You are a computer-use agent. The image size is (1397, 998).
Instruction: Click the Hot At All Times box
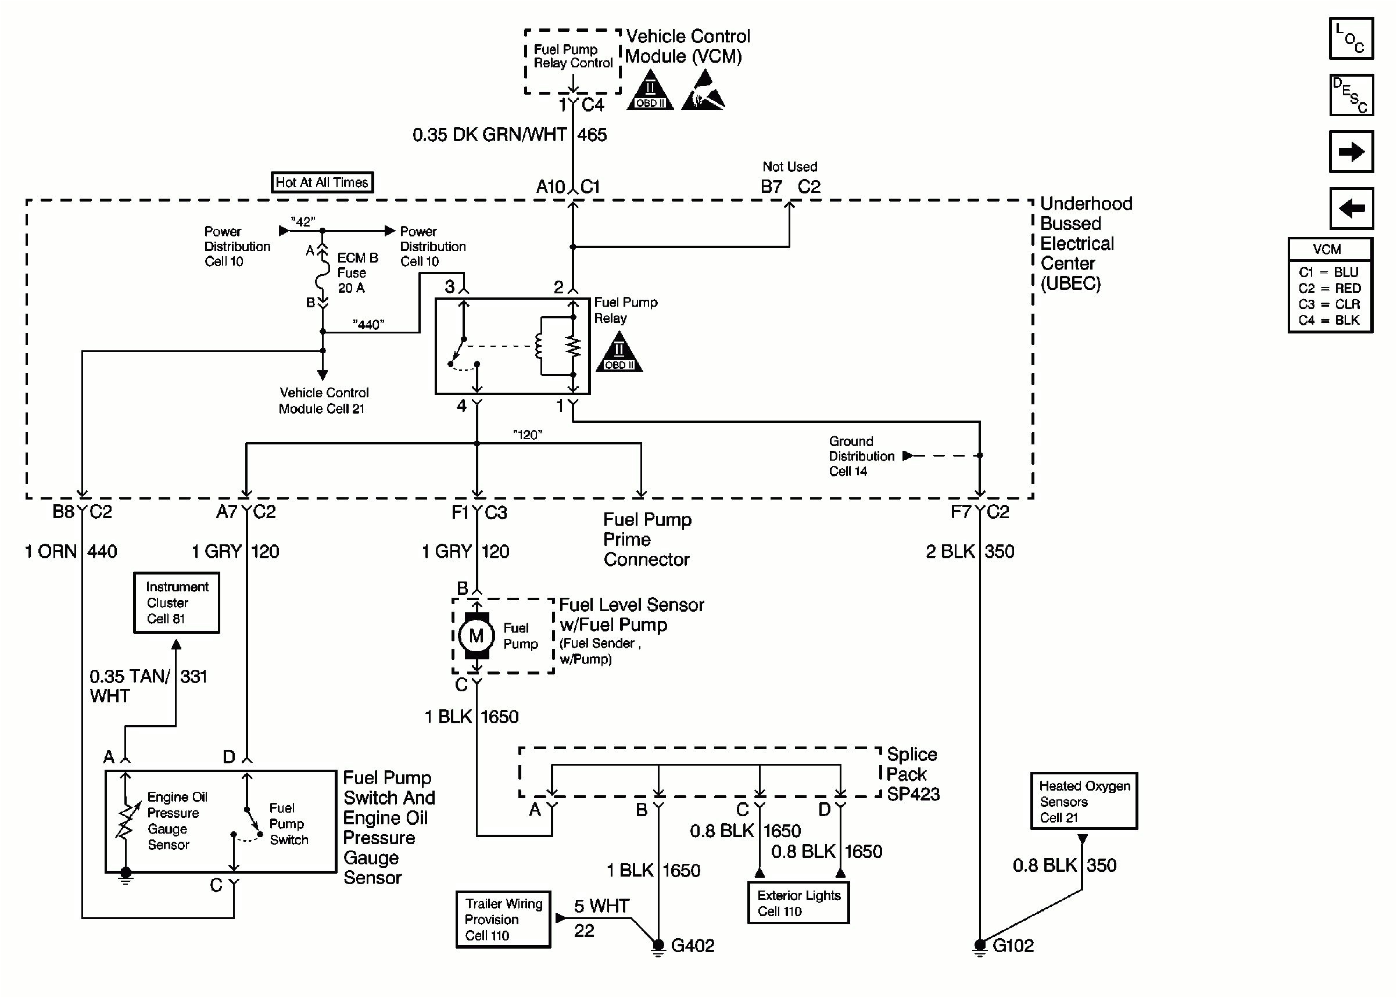pyautogui.click(x=322, y=182)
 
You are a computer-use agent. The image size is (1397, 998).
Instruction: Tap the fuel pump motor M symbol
pyautogui.click(x=476, y=636)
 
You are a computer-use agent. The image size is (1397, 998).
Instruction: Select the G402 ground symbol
pyautogui.click(x=658, y=946)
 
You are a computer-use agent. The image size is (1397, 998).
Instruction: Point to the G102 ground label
pyautogui.click(x=1013, y=945)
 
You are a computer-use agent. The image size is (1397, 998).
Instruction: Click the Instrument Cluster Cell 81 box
pyautogui.click(x=177, y=602)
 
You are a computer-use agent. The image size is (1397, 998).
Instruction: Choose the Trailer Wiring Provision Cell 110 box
pyautogui.click(x=503, y=920)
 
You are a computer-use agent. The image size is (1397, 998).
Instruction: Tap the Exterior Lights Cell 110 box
pyautogui.click(x=798, y=903)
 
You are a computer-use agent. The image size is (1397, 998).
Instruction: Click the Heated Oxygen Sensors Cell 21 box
pyautogui.click(x=1084, y=800)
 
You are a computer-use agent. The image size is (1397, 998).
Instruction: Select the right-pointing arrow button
pyautogui.click(x=1351, y=151)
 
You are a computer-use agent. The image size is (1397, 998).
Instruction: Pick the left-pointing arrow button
pyautogui.click(x=1351, y=209)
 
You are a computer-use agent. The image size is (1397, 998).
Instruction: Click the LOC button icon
pyautogui.click(x=1351, y=39)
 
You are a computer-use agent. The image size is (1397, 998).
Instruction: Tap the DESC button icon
pyautogui.click(x=1351, y=95)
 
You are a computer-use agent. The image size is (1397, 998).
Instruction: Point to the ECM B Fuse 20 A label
pyautogui.click(x=356, y=273)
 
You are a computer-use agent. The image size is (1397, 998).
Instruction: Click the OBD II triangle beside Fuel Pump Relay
pyautogui.click(x=619, y=353)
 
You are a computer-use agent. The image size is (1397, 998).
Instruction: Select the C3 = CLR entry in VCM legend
pyautogui.click(x=1329, y=304)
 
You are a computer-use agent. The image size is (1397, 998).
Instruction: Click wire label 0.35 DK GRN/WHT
pyautogui.click(x=489, y=135)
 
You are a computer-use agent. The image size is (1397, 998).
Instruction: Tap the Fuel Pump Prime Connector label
pyautogui.click(x=647, y=540)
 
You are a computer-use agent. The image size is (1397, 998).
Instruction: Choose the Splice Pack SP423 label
pyautogui.click(x=913, y=774)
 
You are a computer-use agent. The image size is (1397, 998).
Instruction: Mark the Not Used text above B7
pyautogui.click(x=789, y=167)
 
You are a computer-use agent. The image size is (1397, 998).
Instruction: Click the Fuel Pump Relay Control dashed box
pyautogui.click(x=572, y=61)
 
